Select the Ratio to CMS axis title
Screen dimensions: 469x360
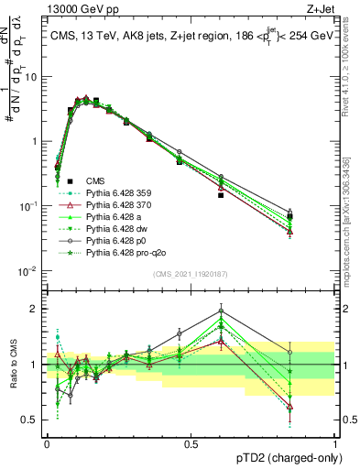tap(13, 364)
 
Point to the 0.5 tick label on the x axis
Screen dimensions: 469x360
tap(191, 442)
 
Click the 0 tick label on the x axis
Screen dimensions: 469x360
tap(47, 442)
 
